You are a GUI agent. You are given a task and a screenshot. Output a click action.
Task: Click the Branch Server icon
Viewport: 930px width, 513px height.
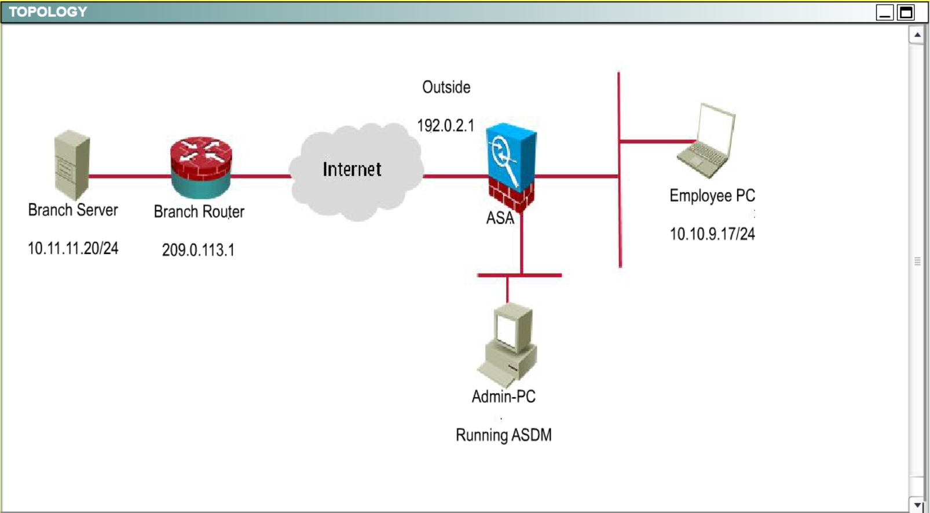tap(72, 165)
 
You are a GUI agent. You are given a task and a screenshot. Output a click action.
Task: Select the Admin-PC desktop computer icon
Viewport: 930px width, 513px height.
tap(508, 345)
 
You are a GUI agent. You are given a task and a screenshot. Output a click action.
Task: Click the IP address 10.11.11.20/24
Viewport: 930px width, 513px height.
tap(73, 249)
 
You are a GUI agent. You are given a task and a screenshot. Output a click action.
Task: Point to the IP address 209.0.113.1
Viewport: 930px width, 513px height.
tap(198, 250)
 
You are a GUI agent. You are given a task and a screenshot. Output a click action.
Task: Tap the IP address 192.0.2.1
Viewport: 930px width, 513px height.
tap(445, 126)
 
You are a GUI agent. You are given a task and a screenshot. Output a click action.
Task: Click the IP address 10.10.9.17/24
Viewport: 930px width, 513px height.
tap(712, 234)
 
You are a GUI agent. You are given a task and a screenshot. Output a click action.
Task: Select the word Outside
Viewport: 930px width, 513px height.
tap(446, 88)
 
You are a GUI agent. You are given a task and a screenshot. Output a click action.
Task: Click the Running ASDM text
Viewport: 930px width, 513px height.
tap(503, 435)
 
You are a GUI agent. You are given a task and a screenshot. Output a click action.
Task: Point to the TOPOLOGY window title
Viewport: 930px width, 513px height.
tap(48, 12)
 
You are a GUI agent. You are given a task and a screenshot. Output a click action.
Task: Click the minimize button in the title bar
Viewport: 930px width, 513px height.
tap(885, 12)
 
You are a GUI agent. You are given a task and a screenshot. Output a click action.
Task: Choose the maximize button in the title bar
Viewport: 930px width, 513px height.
tap(906, 12)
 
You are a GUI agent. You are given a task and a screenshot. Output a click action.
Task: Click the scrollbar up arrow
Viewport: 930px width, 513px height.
tap(917, 35)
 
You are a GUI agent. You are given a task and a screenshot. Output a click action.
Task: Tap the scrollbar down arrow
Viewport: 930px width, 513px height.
tap(917, 505)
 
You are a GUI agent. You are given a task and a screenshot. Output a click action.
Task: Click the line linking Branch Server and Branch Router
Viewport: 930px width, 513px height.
tap(130, 176)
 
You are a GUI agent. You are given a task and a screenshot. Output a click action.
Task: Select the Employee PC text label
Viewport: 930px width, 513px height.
tap(712, 196)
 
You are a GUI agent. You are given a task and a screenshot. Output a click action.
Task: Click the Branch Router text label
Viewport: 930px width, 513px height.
tap(199, 212)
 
